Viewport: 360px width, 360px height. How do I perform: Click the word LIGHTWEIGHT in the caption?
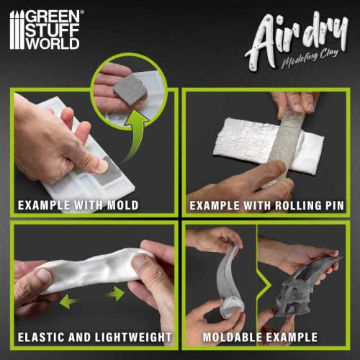(x=135, y=337)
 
